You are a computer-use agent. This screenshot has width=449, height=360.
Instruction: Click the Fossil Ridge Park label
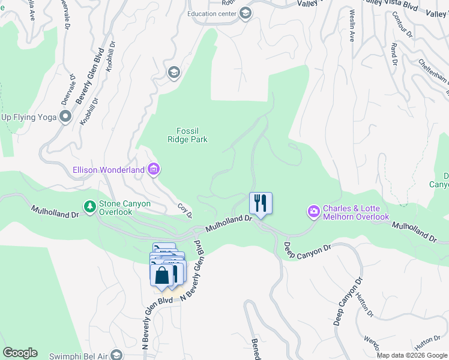pyautogui.click(x=187, y=135)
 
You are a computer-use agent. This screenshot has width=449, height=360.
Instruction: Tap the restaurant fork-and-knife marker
pyautogui.click(x=261, y=203)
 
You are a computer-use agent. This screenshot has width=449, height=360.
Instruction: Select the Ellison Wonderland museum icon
pyautogui.click(x=154, y=170)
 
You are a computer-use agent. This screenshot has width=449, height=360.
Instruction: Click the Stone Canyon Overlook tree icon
pyautogui.click(x=89, y=206)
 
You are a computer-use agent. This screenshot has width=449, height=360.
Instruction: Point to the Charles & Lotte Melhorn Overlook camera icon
pyautogui.click(x=313, y=211)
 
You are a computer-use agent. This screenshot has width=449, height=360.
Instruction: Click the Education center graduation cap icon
pyautogui.click(x=245, y=14)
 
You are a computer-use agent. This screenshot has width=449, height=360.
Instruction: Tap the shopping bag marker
pyautogui.click(x=161, y=275)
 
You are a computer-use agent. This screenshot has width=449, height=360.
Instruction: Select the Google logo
pyautogui.click(x=20, y=353)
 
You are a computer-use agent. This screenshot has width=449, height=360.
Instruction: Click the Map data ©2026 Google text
pyautogui.click(x=412, y=355)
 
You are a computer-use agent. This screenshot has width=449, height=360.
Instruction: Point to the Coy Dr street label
pyautogui.click(x=185, y=211)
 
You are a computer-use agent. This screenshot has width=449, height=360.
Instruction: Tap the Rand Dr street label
pyautogui.click(x=394, y=54)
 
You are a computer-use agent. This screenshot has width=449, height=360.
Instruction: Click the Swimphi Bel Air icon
pyautogui.click(x=116, y=354)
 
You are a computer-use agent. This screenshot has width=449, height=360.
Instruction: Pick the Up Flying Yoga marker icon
pyautogui.click(x=65, y=117)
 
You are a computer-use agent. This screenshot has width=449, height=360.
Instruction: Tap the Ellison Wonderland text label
pyautogui.click(x=109, y=170)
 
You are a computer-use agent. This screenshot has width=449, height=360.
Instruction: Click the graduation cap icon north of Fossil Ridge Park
pyautogui.click(x=174, y=73)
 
